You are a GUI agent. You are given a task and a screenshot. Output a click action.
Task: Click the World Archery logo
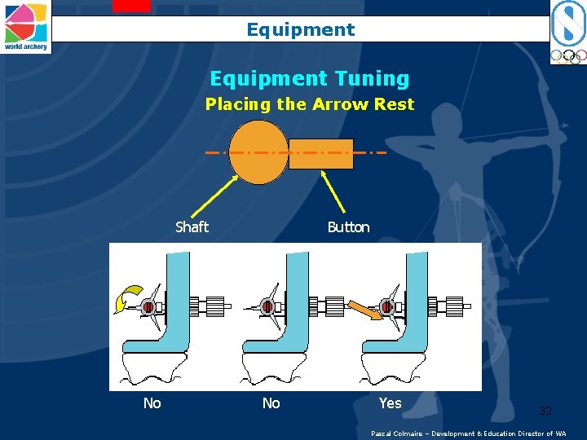click(25, 27)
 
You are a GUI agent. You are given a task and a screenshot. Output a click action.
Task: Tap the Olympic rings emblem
click(568, 56)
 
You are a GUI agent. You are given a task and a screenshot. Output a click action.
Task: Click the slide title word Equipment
click(301, 29)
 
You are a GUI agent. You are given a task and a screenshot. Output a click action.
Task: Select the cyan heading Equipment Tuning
click(310, 78)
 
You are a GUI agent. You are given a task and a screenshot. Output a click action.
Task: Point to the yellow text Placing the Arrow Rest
click(310, 104)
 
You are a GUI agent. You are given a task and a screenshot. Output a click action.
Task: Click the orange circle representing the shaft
click(258, 152)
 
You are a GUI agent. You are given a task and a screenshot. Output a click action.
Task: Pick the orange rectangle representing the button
click(321, 154)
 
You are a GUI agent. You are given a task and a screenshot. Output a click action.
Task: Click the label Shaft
click(192, 227)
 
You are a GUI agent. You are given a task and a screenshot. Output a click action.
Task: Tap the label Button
click(349, 227)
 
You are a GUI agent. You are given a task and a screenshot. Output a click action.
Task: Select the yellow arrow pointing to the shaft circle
click(215, 196)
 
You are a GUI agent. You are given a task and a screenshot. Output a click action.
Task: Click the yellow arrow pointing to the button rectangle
click(333, 191)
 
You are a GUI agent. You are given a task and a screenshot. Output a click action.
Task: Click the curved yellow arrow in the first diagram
click(128, 298)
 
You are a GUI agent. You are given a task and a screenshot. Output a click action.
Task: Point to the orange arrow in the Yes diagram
click(365, 310)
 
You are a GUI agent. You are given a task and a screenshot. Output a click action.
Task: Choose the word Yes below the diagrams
click(390, 403)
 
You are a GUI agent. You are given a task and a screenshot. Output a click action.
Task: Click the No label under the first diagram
click(152, 403)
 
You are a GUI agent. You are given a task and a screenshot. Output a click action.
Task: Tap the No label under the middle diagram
click(271, 403)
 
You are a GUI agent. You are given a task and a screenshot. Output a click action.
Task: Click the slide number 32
click(545, 411)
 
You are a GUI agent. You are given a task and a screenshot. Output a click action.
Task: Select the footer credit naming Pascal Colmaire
click(468, 433)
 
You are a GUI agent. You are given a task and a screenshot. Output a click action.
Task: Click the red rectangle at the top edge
click(132, 6)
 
